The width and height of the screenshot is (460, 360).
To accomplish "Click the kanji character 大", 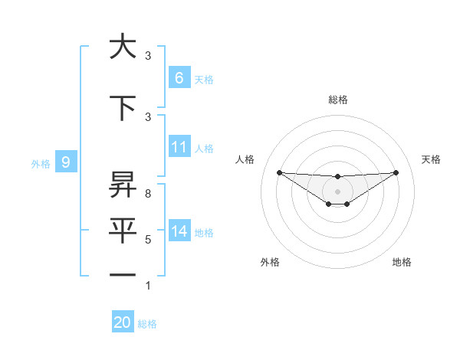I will coord(123,47).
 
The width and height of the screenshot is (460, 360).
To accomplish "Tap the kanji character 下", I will coord(123,108).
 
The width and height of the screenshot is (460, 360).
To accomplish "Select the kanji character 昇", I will coord(123,185).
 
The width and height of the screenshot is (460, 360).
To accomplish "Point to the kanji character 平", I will coord(123,231).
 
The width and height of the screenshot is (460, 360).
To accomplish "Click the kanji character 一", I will coord(123,275).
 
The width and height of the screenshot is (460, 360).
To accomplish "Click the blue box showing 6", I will coord(179,78).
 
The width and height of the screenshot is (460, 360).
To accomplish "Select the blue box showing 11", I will coord(179,147).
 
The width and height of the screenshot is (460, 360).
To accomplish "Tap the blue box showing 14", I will coord(179,231).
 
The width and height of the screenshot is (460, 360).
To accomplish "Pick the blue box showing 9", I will coord(66,162).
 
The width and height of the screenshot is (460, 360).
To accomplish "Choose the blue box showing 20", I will coord(123,322).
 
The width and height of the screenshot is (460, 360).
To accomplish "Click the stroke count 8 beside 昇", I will coord(147,194).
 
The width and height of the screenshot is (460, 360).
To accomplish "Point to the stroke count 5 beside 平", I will coord(147,240).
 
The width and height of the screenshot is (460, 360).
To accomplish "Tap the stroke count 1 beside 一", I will coord(147,286).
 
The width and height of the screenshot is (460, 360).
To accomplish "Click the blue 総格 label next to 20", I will coord(147,324).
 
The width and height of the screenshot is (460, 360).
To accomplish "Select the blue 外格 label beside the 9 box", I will coord(40,163).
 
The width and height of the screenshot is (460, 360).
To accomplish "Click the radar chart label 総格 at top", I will coord(337,100).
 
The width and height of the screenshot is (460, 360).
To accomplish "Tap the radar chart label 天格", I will coord(432,159).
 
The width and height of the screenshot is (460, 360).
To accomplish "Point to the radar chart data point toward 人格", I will coord(279,172).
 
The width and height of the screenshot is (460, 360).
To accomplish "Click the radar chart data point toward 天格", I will coord(396,172).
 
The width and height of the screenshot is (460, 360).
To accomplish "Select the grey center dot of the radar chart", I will coord(337,191).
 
